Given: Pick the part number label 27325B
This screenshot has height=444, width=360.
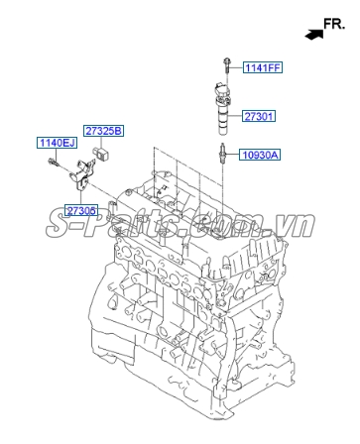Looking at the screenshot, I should click(103, 131).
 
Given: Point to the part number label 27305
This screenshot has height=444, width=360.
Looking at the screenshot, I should click(81, 211).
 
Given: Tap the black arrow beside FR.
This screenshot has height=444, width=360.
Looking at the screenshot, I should click(314, 34).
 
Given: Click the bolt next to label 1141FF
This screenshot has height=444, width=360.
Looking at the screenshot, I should click(228, 65).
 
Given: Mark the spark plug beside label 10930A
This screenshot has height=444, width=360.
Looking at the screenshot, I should click(224, 154).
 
